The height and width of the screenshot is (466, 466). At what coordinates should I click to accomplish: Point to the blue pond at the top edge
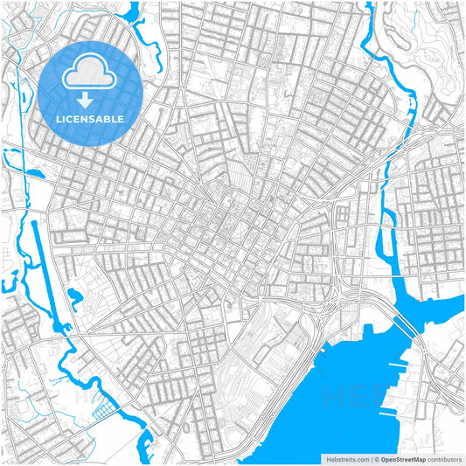(x=135, y=13)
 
